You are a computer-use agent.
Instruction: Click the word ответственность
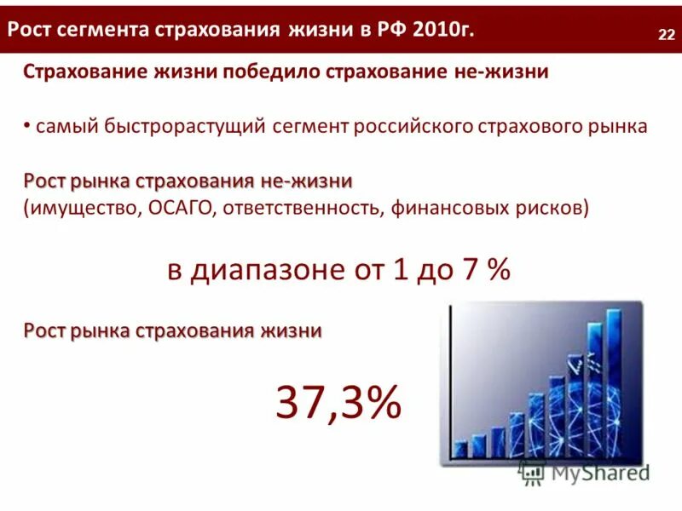[303, 209]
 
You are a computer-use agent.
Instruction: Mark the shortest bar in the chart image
[461, 449]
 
